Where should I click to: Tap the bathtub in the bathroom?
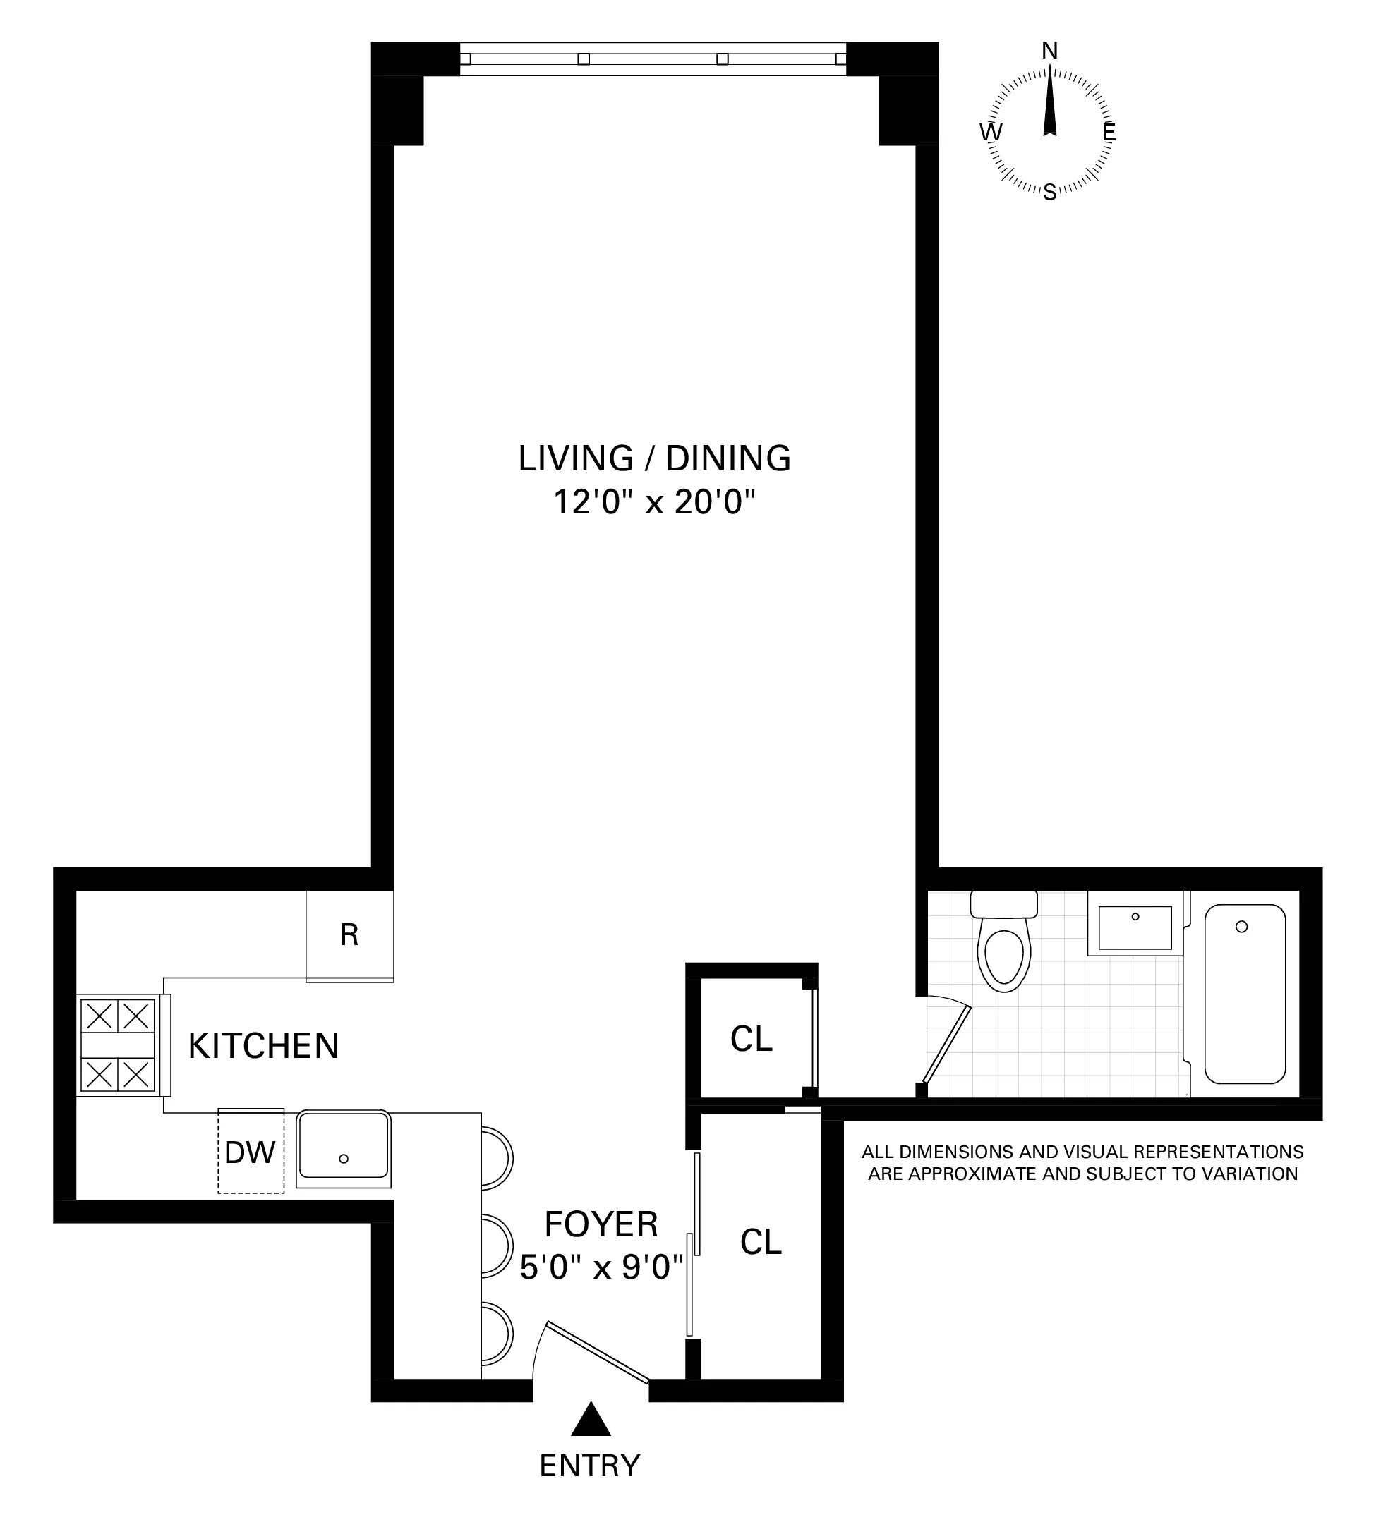click(1245, 994)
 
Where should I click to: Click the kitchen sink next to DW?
click(344, 1149)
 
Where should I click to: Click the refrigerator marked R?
click(349, 935)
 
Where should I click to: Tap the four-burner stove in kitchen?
click(118, 1045)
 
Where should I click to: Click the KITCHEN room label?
click(264, 1047)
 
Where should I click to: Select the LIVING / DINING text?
click(654, 458)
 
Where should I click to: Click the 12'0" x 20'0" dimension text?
click(654, 501)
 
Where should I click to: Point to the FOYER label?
click(601, 1224)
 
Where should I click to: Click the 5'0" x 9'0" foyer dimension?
click(601, 1267)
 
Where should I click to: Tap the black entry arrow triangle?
click(590, 1420)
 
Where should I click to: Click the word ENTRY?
click(590, 1466)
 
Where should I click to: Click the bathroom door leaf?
click(946, 1044)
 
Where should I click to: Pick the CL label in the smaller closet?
click(752, 1040)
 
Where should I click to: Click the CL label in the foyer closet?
click(761, 1242)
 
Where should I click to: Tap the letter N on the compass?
click(1050, 51)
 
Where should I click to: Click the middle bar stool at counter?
click(497, 1246)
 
